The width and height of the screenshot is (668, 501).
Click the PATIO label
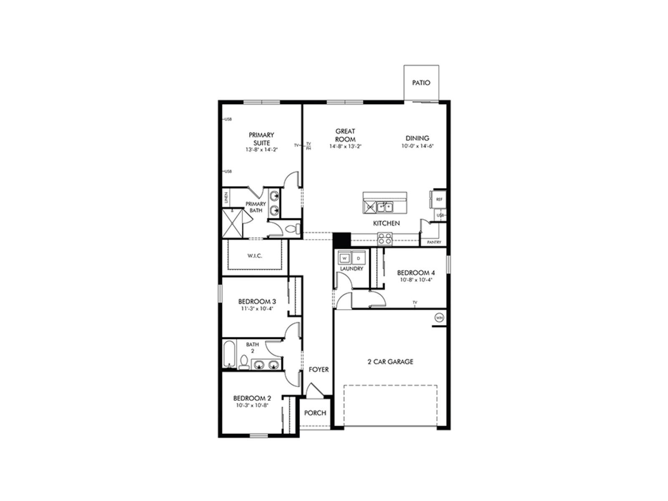[x=421, y=83]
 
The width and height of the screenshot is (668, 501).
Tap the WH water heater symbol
[x=439, y=318]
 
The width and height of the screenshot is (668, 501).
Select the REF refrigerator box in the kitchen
[x=439, y=200]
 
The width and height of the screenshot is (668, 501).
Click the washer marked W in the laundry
[x=344, y=258]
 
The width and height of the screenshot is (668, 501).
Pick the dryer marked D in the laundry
[x=358, y=258]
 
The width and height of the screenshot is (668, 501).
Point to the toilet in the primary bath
[x=294, y=229]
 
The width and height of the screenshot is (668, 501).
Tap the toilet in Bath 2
[x=243, y=362]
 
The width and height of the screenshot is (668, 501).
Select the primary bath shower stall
[x=232, y=223]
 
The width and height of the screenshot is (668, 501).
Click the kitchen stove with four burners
[x=385, y=239]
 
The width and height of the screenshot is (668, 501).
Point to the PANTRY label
[x=434, y=242]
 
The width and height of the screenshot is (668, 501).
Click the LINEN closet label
[x=226, y=197]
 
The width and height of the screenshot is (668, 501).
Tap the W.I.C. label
[x=255, y=256]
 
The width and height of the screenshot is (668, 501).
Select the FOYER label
[x=319, y=369]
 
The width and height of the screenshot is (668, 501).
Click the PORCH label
[x=315, y=413]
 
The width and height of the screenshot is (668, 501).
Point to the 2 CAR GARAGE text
[x=390, y=362]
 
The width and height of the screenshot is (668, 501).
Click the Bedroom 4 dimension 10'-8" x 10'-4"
[x=416, y=280]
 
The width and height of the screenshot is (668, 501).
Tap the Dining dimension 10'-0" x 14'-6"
[x=417, y=146]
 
